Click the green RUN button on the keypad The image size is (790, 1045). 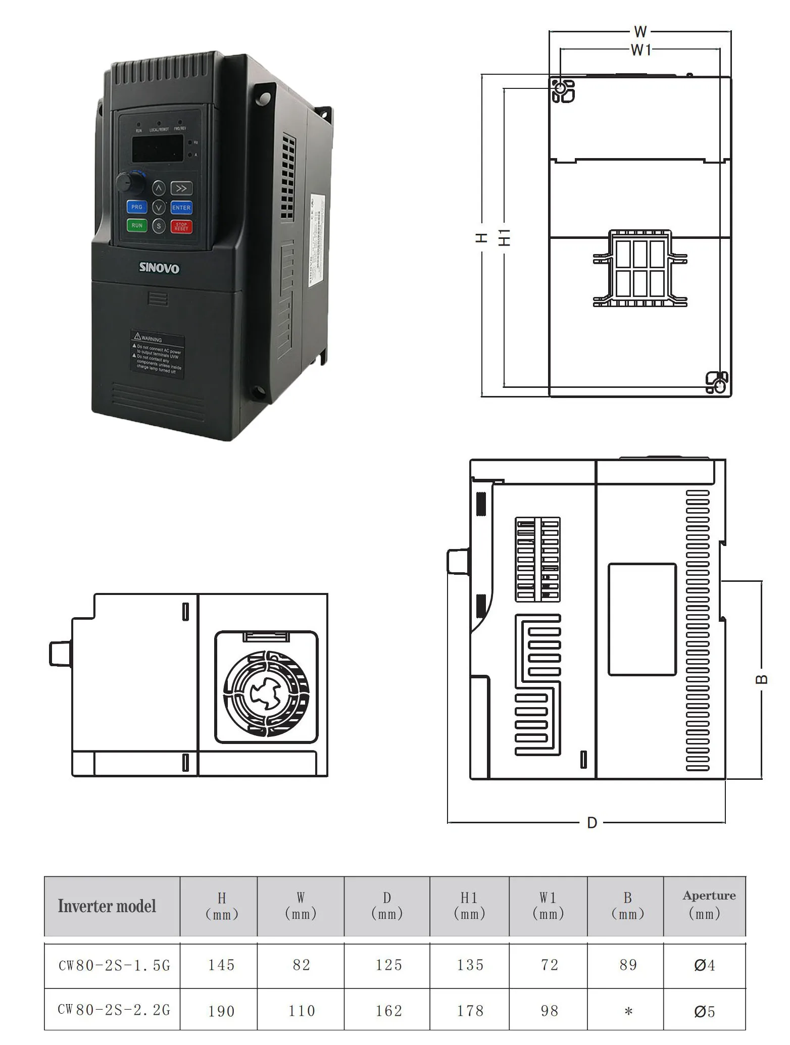pos(137,225)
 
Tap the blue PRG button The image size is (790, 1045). pos(137,207)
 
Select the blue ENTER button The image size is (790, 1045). pos(181,208)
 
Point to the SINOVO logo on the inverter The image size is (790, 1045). pos(159,268)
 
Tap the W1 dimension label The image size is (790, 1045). pos(640,50)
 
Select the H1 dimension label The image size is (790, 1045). pos(505,237)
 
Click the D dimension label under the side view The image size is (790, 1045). pos(592,823)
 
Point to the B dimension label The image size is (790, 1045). pos(762,679)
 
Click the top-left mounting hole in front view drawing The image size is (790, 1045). pos(560,89)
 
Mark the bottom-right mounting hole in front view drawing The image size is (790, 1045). pos(719,386)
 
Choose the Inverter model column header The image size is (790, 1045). pos(107,906)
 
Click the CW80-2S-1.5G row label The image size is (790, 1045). pos(114,966)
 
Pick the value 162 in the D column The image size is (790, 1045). pos(388,1011)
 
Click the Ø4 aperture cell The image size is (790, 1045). pos(705,966)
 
